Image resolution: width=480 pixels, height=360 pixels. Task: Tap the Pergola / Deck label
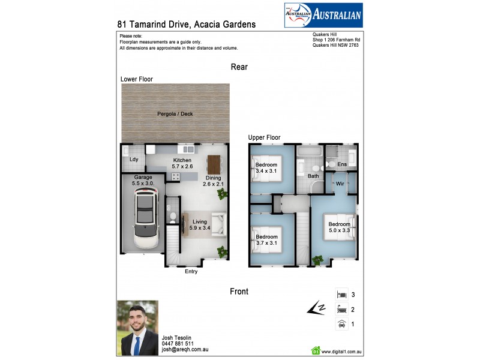(175, 114)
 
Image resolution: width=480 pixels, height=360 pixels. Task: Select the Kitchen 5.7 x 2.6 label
(182, 163)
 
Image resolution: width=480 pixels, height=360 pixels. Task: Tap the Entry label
(191, 272)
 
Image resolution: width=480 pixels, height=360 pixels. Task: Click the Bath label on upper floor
(313, 176)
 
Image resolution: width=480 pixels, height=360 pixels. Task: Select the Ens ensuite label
(342, 164)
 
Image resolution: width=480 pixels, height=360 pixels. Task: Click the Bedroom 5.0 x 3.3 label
(339, 227)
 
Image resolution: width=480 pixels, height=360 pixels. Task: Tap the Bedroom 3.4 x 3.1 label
(266, 168)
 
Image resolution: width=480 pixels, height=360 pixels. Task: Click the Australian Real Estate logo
(323, 15)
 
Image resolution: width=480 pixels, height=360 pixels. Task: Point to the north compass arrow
(316, 309)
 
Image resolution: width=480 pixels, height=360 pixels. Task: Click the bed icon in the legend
(341, 295)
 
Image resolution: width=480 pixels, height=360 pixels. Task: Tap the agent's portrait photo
(137, 328)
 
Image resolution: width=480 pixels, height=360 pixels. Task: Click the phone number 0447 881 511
(178, 344)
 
